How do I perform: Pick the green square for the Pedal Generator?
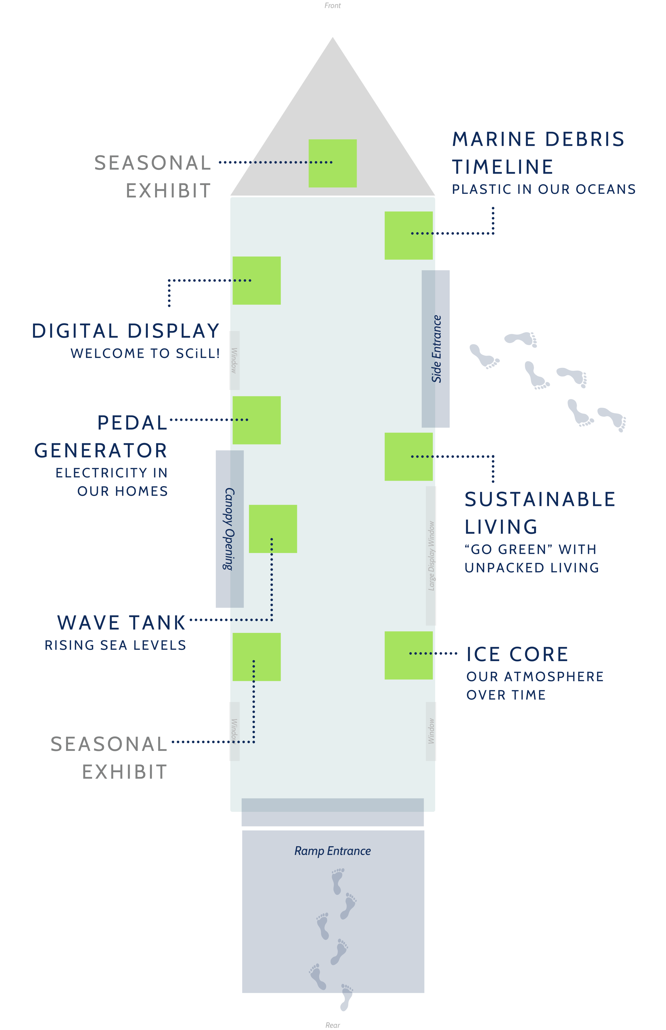click(257, 420)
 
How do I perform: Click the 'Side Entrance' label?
click(436, 349)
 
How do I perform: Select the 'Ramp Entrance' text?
click(332, 851)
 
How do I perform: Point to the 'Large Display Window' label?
click(431, 556)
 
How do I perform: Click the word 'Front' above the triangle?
click(332, 6)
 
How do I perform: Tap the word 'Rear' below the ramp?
click(332, 1025)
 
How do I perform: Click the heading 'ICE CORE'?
click(517, 654)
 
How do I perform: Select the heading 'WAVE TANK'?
click(121, 623)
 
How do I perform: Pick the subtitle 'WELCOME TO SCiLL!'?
click(145, 353)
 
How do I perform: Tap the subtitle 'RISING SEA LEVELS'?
click(115, 645)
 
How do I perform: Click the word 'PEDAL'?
click(132, 423)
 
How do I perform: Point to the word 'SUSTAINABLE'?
click(540, 500)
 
